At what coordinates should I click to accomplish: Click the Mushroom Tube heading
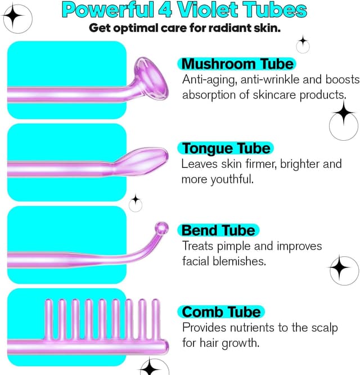pyautogui.click(x=236, y=63)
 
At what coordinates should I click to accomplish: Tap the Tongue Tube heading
pyautogui.click(x=226, y=148)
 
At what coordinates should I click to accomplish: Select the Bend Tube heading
pyautogui.click(x=218, y=230)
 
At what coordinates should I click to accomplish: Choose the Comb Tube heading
pyautogui.click(x=222, y=312)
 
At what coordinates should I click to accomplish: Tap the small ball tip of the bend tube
pyautogui.click(x=162, y=227)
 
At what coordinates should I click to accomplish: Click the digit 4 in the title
pyautogui.click(x=154, y=10)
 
